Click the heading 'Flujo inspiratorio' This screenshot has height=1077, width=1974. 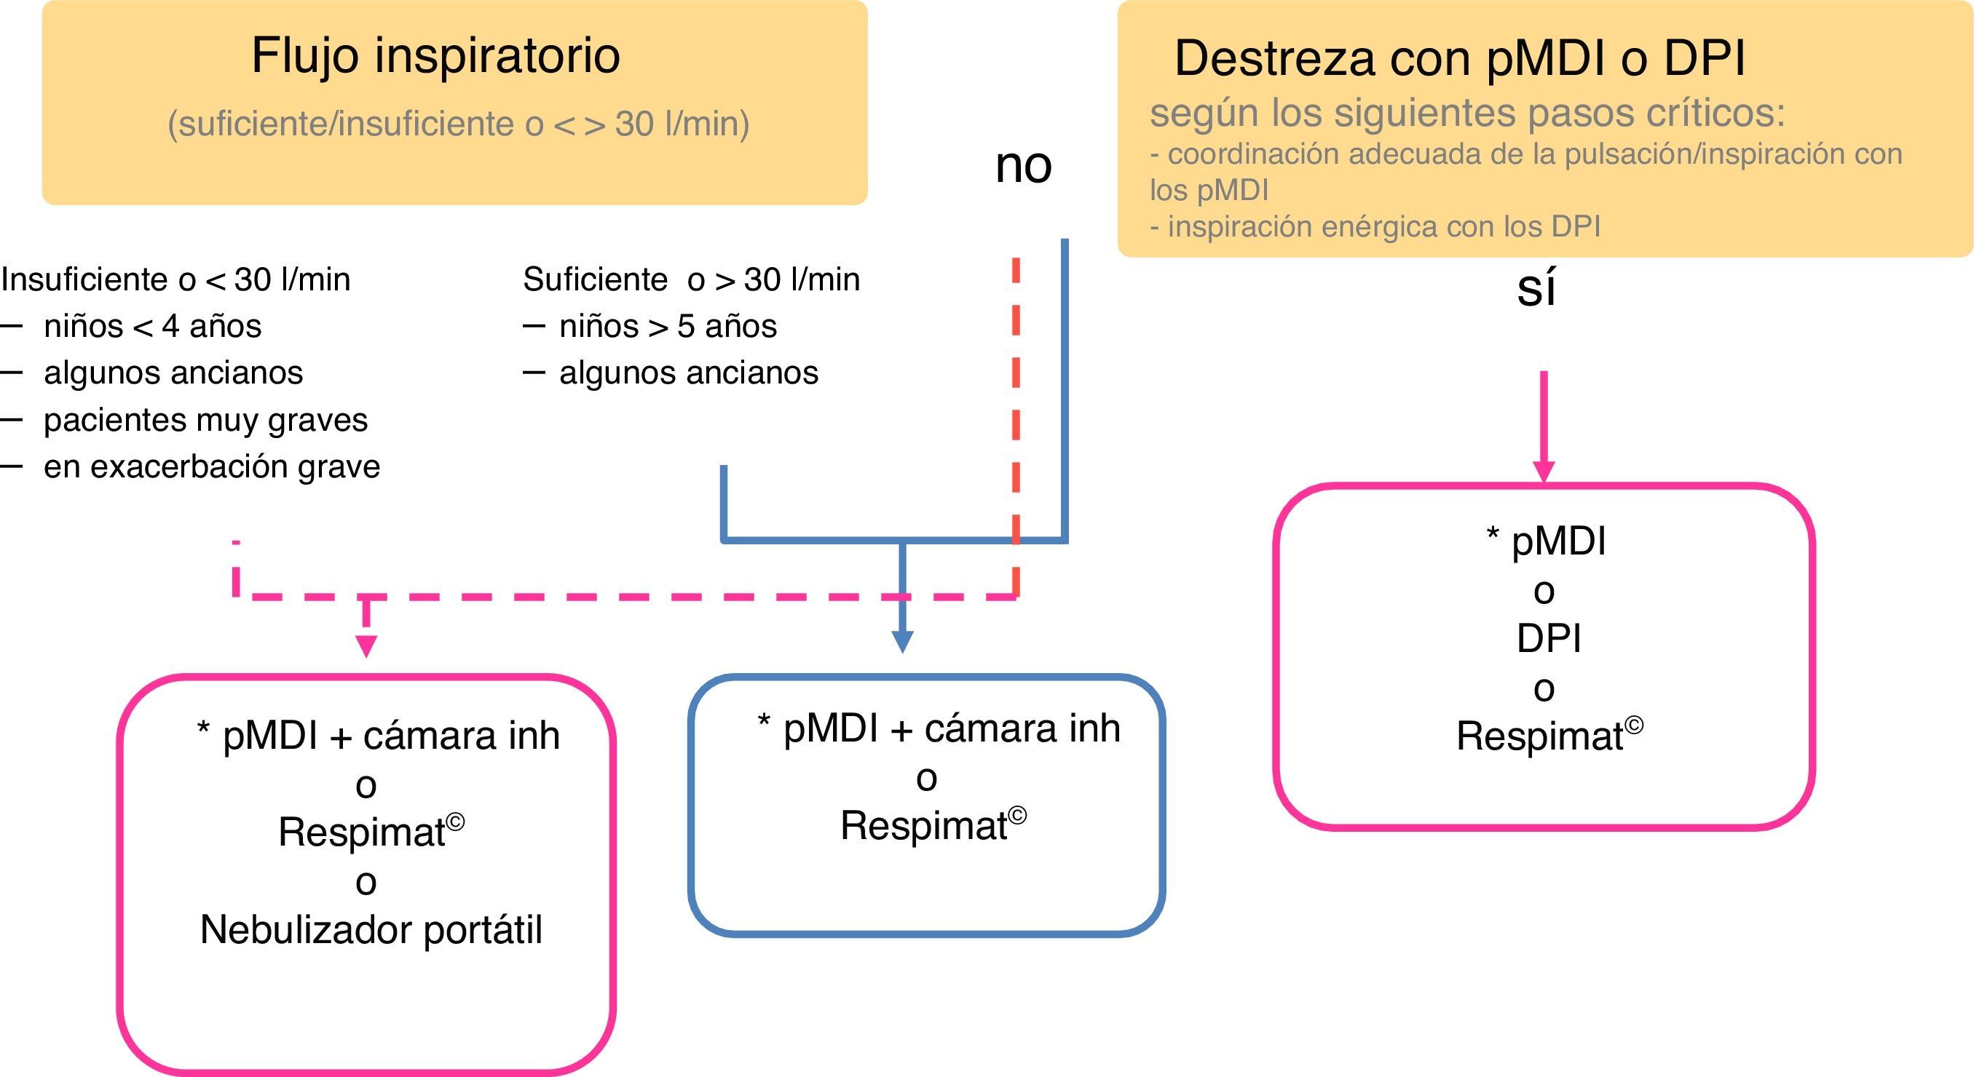pyautogui.click(x=435, y=56)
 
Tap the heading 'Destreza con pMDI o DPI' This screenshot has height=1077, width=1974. pyautogui.click(x=1459, y=59)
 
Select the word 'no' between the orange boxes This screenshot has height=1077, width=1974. pyautogui.click(x=1023, y=165)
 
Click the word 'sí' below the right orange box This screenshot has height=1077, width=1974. pyautogui.click(x=1536, y=290)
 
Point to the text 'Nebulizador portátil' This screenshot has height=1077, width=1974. pyautogui.click(x=371, y=931)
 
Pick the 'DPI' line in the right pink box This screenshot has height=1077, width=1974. pyautogui.click(x=1548, y=638)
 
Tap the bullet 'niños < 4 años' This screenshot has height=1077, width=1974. pyautogui.click(x=151, y=326)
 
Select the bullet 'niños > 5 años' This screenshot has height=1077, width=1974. pyautogui.click(x=668, y=326)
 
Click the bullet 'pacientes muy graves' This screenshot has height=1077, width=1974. pyautogui.click(x=205, y=420)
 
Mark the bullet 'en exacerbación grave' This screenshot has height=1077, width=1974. pyautogui.click(x=211, y=466)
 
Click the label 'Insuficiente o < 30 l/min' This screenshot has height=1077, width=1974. pyautogui.click(x=175, y=279)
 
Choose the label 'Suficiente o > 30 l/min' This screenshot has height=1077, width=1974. pyautogui.click(x=691, y=279)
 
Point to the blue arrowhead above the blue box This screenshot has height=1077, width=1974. pyautogui.click(x=903, y=642)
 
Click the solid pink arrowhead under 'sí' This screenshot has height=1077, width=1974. pyautogui.click(x=1544, y=470)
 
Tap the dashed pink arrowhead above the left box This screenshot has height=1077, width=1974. pyautogui.click(x=366, y=645)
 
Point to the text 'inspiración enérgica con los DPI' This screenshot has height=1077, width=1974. pyautogui.click(x=1383, y=227)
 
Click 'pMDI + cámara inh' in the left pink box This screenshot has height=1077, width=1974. pyautogui.click(x=391, y=736)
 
